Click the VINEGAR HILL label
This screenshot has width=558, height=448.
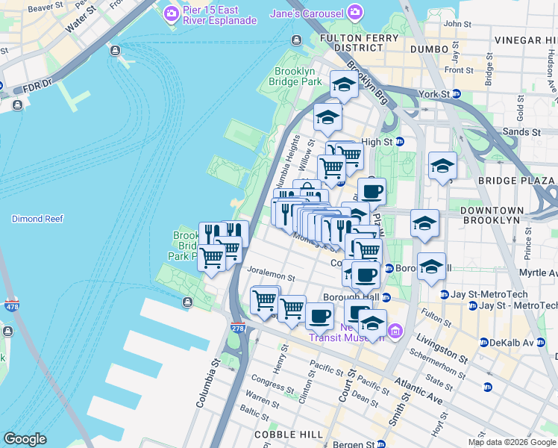click(x=525, y=40)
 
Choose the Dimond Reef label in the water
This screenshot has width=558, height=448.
click(x=37, y=219)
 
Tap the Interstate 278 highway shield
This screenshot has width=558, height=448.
click(x=238, y=328)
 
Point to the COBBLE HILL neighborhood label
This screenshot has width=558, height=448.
click(x=289, y=435)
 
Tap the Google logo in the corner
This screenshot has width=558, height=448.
click(x=25, y=439)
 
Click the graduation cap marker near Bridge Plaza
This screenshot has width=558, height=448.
click(x=442, y=165)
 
